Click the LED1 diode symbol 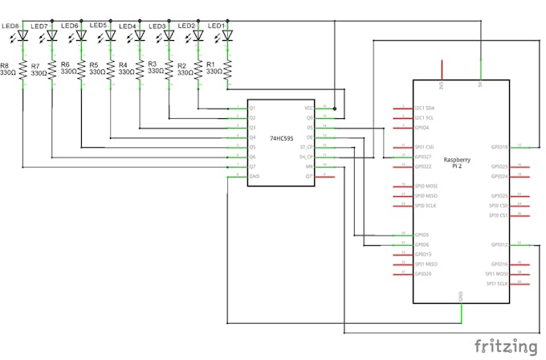tap(227, 35)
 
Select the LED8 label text tap(10, 26)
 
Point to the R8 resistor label tap(5, 65)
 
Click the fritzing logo tap(505, 346)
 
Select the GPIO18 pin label tap(499, 147)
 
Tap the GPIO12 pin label tap(499, 244)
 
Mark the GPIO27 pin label tap(422, 157)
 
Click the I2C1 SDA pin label tap(424, 108)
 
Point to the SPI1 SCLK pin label tap(498, 284)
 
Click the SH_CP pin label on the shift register tap(305, 157)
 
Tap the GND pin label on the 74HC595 tap(254, 176)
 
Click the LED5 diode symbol tap(111, 35)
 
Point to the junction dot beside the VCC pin tap(335, 108)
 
